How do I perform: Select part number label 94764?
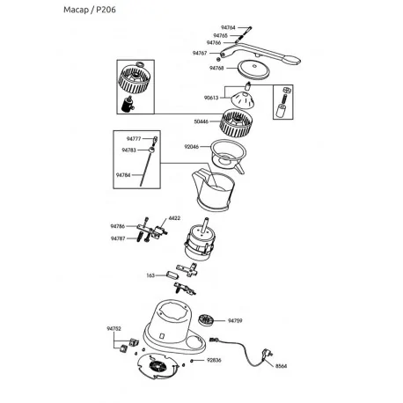click(227, 28)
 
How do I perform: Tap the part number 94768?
click(216, 68)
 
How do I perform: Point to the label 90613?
click(210, 99)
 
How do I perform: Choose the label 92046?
click(193, 147)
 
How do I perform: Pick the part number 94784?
click(122, 175)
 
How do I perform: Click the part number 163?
click(150, 275)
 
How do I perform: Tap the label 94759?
click(235, 321)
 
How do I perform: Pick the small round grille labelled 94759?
click(207, 320)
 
